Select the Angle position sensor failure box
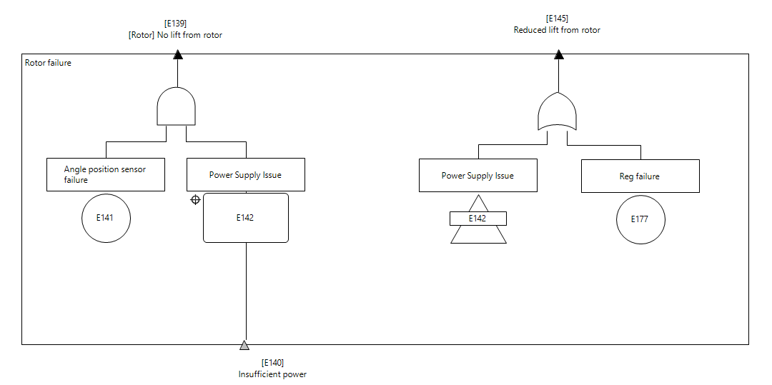(106, 174)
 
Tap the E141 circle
(107, 218)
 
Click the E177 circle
(640, 219)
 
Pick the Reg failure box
(640, 176)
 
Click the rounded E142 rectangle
(246, 218)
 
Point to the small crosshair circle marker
(195, 200)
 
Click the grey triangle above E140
(244, 346)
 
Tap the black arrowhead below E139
(177, 54)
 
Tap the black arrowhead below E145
(558, 54)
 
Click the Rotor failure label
(48, 63)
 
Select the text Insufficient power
(272, 374)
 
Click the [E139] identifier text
(175, 24)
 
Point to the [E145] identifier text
(557, 19)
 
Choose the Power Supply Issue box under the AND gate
(246, 174)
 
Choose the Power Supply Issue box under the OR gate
(478, 176)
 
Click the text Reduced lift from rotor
(557, 30)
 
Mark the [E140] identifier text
(272, 363)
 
